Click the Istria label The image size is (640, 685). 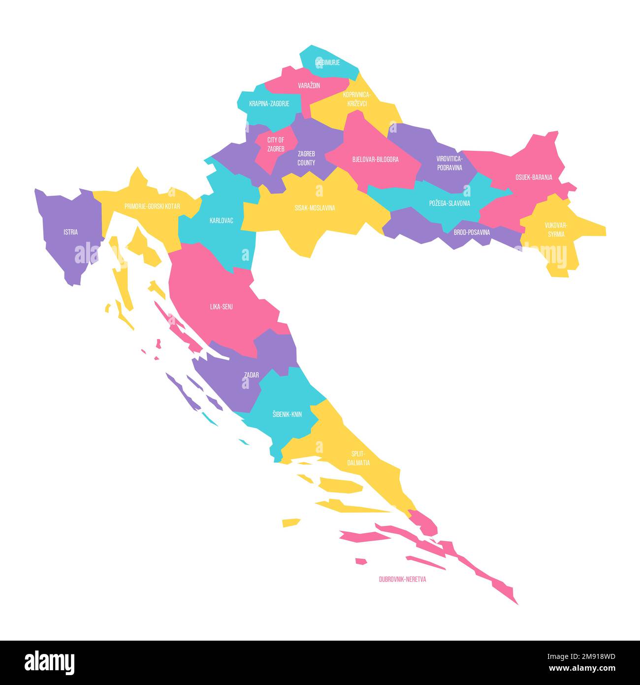70,232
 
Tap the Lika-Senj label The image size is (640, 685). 221,307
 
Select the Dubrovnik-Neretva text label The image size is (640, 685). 402,579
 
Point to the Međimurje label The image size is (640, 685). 327,63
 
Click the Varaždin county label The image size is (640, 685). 309,85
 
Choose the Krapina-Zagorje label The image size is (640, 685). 269,104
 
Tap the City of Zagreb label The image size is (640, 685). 276,144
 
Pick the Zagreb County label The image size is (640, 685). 306,158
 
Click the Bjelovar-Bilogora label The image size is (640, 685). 375,160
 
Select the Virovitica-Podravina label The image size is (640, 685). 449,163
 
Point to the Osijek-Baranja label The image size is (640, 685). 534,177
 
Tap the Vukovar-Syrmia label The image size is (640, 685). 555,230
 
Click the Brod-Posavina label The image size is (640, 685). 472,232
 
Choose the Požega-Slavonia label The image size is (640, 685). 449,203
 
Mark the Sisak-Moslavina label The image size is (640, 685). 315,208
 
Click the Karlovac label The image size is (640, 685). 221,220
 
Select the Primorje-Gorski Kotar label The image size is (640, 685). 152,206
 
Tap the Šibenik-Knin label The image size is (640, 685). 287,414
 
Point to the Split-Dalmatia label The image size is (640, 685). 358,458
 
